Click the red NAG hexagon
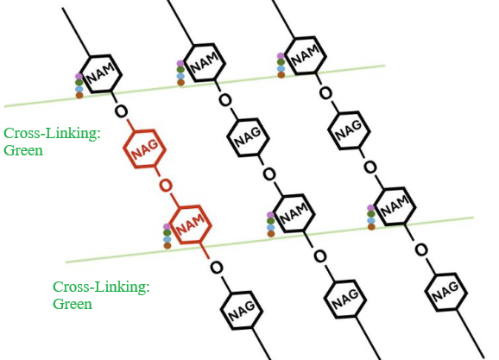coord(144,148)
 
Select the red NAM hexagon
coord(190,224)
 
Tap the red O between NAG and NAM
coord(166,186)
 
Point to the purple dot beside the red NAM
coord(167,227)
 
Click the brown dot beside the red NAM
coord(167,245)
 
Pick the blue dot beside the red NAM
coord(167,239)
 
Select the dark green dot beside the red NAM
coord(167,233)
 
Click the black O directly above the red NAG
coord(121,111)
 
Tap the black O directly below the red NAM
coord(217,268)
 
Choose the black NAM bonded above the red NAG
coord(100,74)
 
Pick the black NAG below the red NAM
coord(242,310)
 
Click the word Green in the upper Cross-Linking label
coord(23,150)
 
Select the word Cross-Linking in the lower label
coord(101,287)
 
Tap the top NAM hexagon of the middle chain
coord(204,62)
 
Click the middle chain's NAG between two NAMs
coord(249,137)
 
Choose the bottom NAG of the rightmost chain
coord(445,292)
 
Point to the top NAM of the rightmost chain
coord(305,55)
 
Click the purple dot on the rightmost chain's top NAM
coord(281,56)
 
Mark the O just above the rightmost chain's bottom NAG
coord(421,249)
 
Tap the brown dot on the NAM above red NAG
coord(79,95)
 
